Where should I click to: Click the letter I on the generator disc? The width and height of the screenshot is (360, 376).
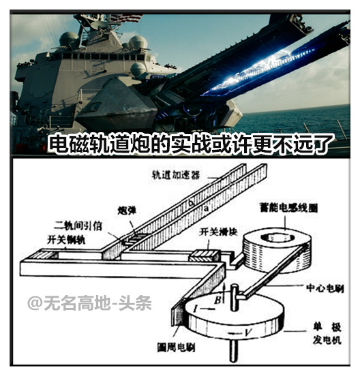tap(196, 309)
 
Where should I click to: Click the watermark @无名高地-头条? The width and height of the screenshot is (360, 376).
tap(89, 302)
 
